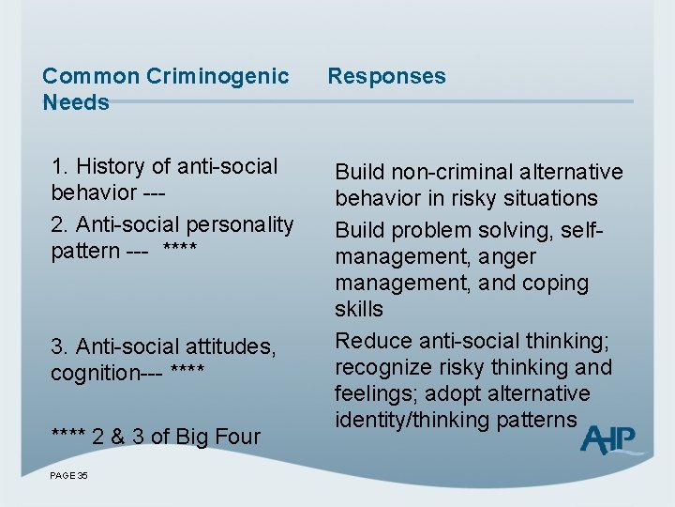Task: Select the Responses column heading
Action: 386,76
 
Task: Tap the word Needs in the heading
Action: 76,102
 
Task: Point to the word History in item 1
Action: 111,166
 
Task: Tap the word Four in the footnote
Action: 238,436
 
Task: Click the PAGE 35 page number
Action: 69,476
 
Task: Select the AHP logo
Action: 610,439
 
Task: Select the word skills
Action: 359,309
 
